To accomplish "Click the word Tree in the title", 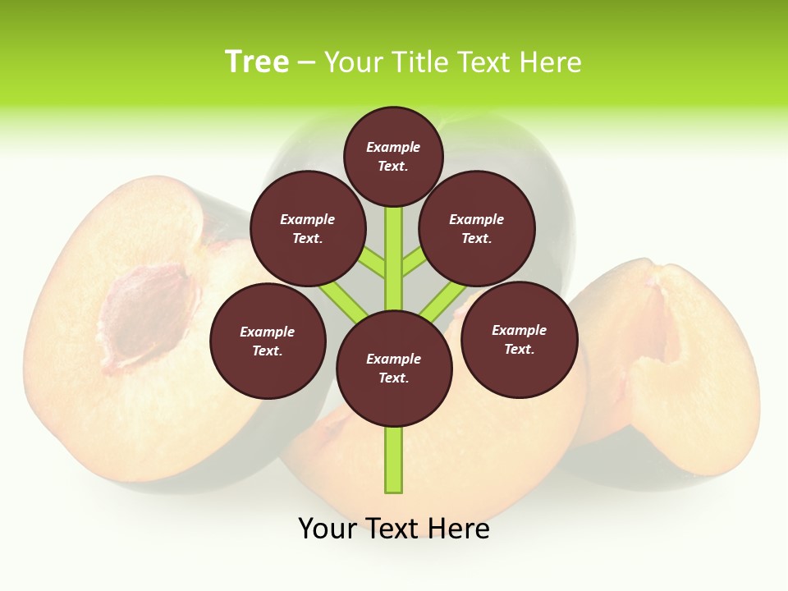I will coord(257,62).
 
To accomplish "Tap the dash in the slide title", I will coord(306,62).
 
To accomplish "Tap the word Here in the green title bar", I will coord(551,62).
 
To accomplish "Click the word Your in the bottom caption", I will coord(328,529).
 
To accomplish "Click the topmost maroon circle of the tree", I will coord(393,156).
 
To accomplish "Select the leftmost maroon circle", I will coord(268,341).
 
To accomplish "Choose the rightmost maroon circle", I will coord(520,339).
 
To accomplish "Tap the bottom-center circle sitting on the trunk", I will coord(394,369).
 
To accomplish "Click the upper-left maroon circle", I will coord(308,228).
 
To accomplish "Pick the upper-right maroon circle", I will coord(477,228).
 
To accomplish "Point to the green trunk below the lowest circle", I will coord(394,460).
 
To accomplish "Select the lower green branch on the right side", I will coord(440,302).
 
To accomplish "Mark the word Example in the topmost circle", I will coord(393,147).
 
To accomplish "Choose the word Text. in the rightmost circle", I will coord(520,349).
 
